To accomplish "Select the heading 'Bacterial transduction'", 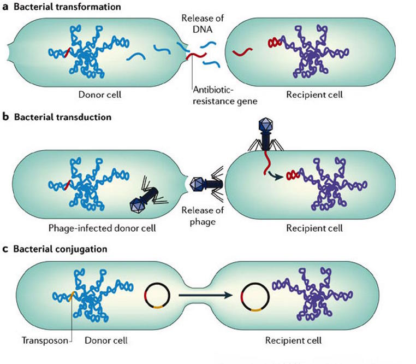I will tap(64, 117).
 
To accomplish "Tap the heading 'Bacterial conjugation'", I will tap(63, 249).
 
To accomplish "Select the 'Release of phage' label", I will tap(200, 216).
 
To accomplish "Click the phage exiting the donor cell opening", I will tap(203, 186).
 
